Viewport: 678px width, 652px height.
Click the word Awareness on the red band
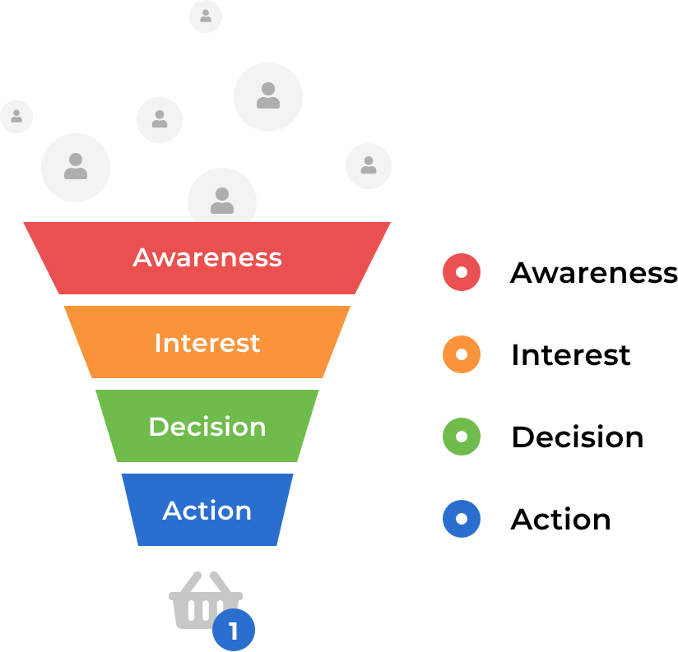point(207,257)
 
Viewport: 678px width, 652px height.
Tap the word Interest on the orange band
point(207,342)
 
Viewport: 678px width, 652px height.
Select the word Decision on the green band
point(207,427)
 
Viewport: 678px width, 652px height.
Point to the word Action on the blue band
point(207,511)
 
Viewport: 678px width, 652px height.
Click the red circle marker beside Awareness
point(462,272)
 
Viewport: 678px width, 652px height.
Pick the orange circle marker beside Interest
point(462,354)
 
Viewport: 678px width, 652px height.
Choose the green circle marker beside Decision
point(462,437)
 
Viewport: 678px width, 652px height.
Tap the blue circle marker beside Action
point(462,519)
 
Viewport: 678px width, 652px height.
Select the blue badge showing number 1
point(234,631)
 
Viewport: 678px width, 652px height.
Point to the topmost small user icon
point(206,16)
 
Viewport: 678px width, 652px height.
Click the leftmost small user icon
point(16,116)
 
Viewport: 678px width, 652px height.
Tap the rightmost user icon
point(369,165)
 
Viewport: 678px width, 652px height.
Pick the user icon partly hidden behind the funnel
point(222,198)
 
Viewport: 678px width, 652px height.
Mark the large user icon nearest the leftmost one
point(76,167)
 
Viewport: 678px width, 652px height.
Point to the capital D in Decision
point(157,427)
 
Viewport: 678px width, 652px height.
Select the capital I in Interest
point(158,342)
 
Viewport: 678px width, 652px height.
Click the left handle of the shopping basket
point(187,582)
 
